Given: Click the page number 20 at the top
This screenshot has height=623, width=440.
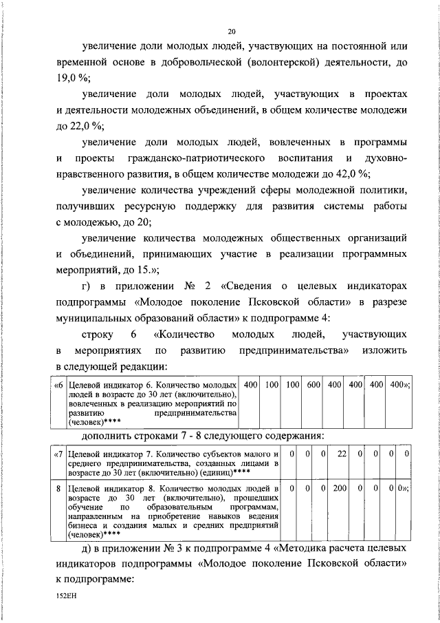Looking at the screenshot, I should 232,31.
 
